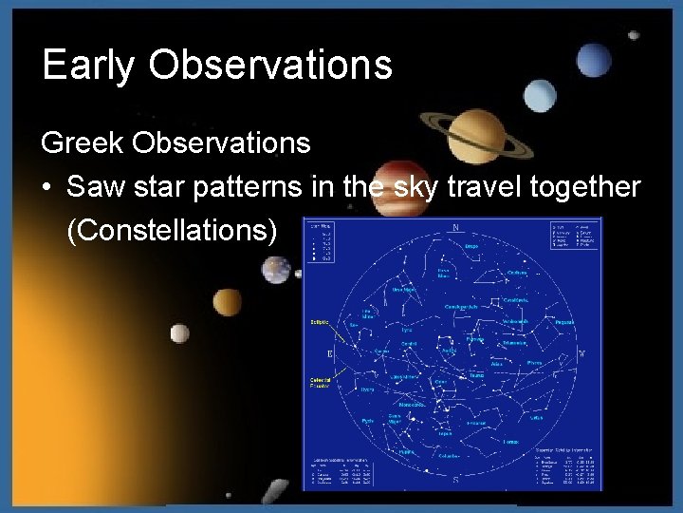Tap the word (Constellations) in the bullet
pos(172,231)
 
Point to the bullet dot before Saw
pos(46,188)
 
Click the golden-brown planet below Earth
pos(227,303)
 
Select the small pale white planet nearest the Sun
pos(179,333)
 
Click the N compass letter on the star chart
pos(455,227)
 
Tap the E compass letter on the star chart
pos(330,354)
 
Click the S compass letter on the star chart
pos(455,481)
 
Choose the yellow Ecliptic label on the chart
pos(318,322)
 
